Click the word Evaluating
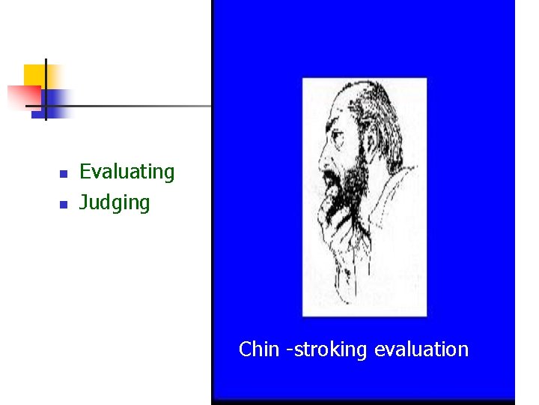(x=127, y=172)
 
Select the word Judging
(x=115, y=203)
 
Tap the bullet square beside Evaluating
(x=64, y=173)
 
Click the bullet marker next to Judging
(x=64, y=204)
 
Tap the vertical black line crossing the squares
(x=46, y=90)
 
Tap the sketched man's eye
(x=335, y=139)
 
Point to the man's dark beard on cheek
(x=356, y=172)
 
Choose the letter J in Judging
(x=83, y=202)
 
